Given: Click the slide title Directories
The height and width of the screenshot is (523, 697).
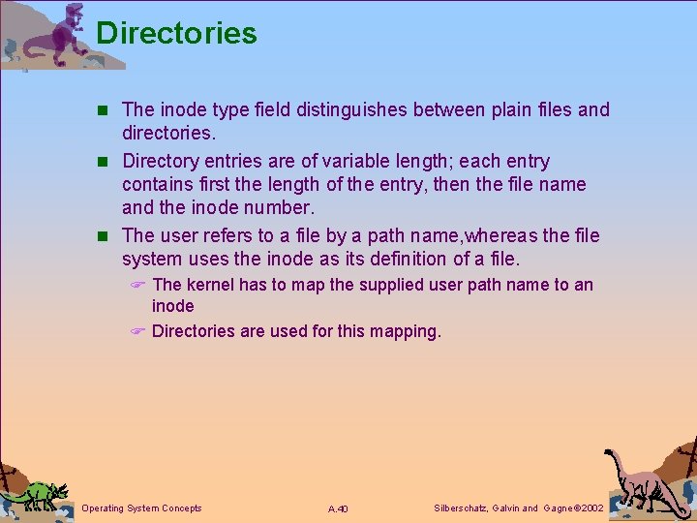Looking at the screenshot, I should pyautogui.click(x=176, y=33).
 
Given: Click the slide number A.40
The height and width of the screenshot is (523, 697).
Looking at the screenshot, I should pyautogui.click(x=338, y=508).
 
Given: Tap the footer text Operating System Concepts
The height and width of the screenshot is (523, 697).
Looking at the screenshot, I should pyautogui.click(x=141, y=508).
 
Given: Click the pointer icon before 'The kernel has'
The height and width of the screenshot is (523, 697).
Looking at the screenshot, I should pyautogui.click(x=137, y=285).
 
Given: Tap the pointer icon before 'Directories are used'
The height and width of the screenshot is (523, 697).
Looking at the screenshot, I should pyautogui.click(x=137, y=331).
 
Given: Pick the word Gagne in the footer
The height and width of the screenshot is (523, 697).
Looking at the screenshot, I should pyautogui.click(x=559, y=508).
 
